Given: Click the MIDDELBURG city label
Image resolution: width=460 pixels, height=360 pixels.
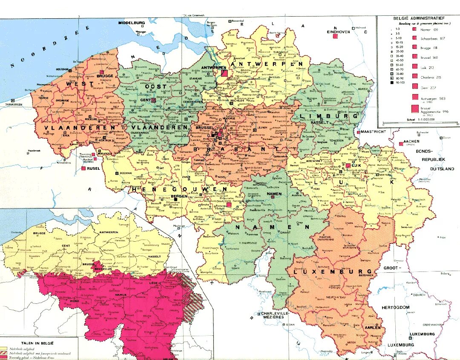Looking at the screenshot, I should [132, 23].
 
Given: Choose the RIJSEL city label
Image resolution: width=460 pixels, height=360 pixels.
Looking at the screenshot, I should [94, 168].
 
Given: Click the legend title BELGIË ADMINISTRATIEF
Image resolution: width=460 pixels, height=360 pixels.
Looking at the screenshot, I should [418, 18].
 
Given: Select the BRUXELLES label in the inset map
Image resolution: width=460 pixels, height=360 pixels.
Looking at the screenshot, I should [103, 269].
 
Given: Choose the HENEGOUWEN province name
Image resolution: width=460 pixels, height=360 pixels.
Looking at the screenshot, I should [179, 189].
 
